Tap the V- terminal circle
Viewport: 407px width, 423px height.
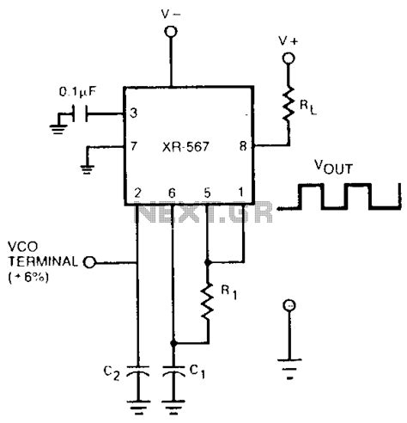click(x=171, y=33)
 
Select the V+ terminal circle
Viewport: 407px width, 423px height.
click(x=289, y=59)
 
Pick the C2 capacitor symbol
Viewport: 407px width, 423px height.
click(x=137, y=375)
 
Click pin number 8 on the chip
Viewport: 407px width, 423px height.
click(x=242, y=147)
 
